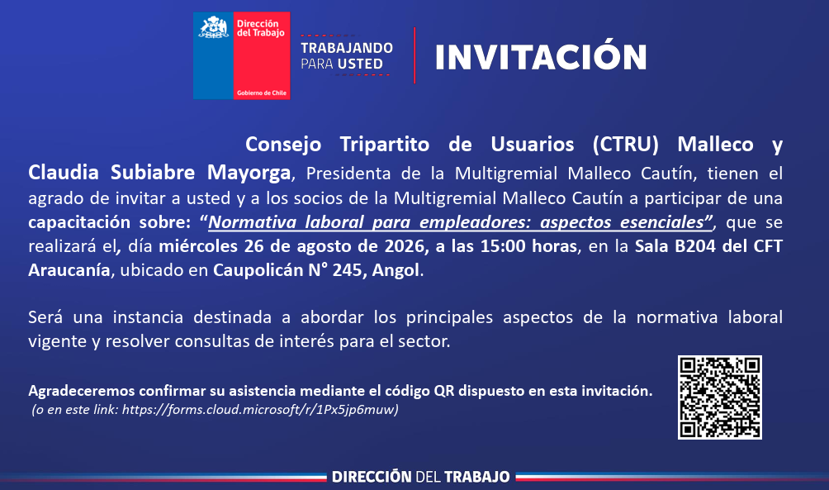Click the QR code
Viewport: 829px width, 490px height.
pyautogui.click(x=719, y=397)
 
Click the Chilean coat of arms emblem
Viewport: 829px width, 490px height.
pyautogui.click(x=213, y=27)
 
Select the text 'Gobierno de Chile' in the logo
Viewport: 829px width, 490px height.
pyautogui.click(x=262, y=93)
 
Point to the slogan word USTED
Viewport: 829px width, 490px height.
pyautogui.click(x=362, y=64)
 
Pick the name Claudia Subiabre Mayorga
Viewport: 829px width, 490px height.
pyautogui.click(x=159, y=173)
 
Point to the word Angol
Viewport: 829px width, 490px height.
pyautogui.click(x=396, y=270)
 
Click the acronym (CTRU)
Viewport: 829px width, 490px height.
pyautogui.click(x=625, y=145)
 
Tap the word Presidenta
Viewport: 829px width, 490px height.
pyautogui.click(x=348, y=174)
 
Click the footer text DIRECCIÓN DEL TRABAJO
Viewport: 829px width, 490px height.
pyautogui.click(x=421, y=477)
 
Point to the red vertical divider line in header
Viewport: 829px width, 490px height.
pyautogui.click(x=414, y=55)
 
